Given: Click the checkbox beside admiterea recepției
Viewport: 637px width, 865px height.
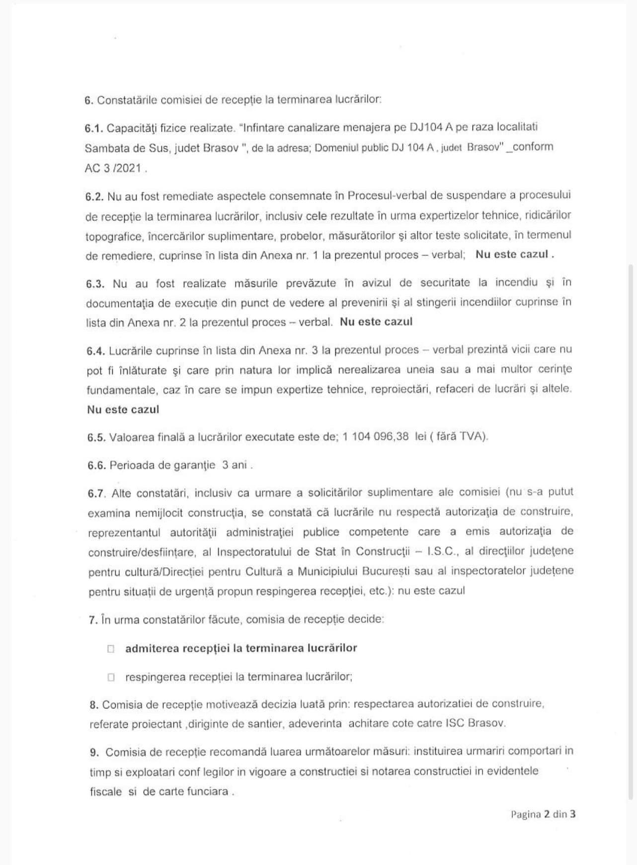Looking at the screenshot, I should [111, 649].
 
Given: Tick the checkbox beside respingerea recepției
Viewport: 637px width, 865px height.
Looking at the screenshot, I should [111, 677].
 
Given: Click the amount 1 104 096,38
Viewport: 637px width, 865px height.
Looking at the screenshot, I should [376, 436].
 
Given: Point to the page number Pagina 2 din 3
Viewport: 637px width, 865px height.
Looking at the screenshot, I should [543, 814].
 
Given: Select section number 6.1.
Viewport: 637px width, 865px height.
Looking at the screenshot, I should [93, 128].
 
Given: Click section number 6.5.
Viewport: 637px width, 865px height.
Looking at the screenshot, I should [96, 437].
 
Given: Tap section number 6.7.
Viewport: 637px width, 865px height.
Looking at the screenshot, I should [96, 493].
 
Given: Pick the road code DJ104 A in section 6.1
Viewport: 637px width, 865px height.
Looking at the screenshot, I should [431, 127].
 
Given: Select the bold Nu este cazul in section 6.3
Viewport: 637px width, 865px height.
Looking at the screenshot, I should [376, 322].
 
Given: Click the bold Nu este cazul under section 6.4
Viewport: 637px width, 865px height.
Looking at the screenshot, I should [123, 410].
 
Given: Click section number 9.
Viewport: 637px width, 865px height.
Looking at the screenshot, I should [94, 752].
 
